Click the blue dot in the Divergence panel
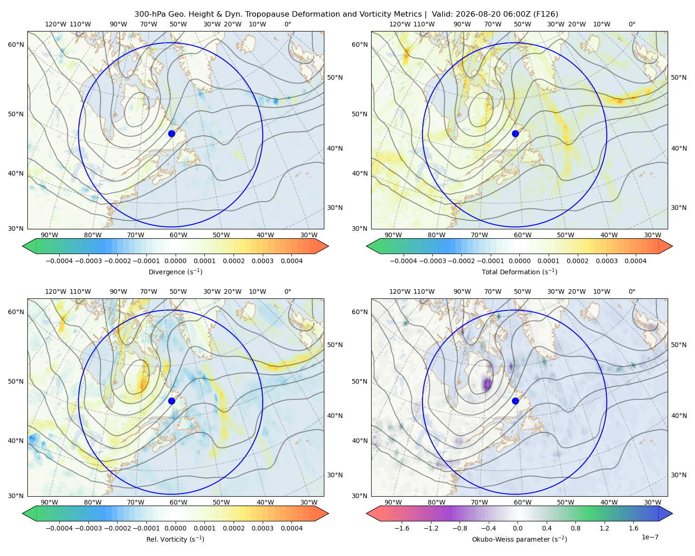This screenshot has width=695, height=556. coord(171,133)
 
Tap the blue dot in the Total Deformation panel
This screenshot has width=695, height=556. coord(515,133)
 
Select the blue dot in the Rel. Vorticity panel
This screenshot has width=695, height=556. coord(171,401)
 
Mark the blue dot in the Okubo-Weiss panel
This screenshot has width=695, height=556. coord(515,401)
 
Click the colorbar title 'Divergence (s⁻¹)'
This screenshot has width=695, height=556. coord(175,272)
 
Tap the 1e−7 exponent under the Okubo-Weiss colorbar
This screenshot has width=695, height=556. coord(650,537)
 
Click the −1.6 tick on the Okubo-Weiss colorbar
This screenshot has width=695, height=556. coord(402,528)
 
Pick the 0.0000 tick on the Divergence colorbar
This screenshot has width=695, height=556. coord(175,261)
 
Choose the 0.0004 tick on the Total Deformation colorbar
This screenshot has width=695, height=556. coord(635,261)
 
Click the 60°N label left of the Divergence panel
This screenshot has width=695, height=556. coord(16,44)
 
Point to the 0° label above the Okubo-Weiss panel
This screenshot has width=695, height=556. coord(632,291)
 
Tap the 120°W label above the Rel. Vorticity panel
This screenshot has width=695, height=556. coord(56,291)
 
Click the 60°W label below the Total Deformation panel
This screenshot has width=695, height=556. coord(522,235)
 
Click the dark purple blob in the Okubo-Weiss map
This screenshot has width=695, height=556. coord(487,385)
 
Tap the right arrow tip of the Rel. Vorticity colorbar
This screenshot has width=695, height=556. coord(329,513)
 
